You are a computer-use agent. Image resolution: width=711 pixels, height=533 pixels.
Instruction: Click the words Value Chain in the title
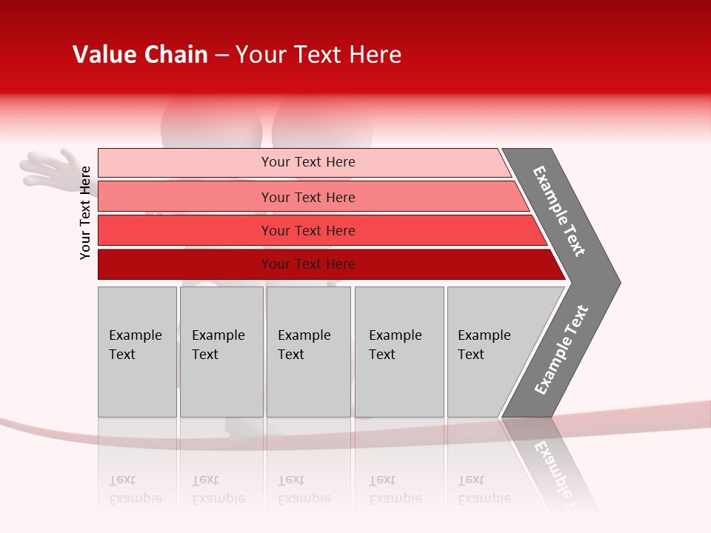(x=140, y=55)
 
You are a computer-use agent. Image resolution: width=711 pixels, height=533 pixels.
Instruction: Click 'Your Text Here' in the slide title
(x=318, y=55)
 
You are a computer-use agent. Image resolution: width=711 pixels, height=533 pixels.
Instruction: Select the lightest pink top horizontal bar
(x=185, y=163)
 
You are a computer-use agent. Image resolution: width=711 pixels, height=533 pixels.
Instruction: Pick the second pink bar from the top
(x=185, y=197)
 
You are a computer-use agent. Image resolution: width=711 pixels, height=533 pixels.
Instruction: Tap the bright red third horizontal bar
(x=185, y=230)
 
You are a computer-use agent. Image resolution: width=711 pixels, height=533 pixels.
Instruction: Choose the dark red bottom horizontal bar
(x=185, y=264)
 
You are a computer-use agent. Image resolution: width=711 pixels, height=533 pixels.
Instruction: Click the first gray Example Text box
(x=137, y=352)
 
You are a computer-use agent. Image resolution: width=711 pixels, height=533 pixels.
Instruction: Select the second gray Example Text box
(x=221, y=352)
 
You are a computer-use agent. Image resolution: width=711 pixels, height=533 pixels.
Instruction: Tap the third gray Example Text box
(x=308, y=352)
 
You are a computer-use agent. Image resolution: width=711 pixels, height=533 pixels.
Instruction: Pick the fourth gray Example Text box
(x=399, y=352)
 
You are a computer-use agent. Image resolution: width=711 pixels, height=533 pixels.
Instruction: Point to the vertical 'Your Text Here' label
(x=85, y=213)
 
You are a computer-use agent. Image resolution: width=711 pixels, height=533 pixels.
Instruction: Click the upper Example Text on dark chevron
(x=559, y=211)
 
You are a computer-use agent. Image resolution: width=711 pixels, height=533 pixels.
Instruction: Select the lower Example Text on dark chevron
(x=561, y=350)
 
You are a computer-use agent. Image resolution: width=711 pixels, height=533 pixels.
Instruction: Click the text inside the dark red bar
(x=308, y=264)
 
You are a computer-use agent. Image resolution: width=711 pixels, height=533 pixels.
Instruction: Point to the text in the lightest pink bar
(x=308, y=162)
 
